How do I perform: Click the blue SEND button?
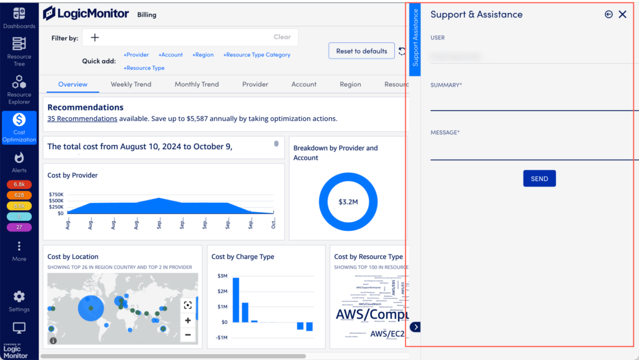click(x=539, y=178)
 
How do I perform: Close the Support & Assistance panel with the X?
click(x=622, y=14)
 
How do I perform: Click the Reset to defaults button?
click(x=361, y=51)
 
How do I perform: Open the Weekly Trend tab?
click(x=131, y=84)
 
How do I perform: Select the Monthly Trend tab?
click(x=197, y=84)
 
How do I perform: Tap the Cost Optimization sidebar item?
click(x=19, y=127)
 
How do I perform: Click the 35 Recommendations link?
click(x=82, y=119)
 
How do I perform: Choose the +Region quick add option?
click(x=203, y=55)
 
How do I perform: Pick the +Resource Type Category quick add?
click(x=256, y=55)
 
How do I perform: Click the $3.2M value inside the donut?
click(x=348, y=202)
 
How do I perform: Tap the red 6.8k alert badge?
click(x=19, y=185)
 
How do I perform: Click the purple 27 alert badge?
click(x=19, y=227)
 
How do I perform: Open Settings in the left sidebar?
click(x=19, y=301)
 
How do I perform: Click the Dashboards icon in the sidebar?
click(x=19, y=17)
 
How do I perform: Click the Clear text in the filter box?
click(x=282, y=37)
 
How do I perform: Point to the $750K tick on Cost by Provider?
click(x=56, y=195)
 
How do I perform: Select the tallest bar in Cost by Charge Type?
click(x=236, y=299)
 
